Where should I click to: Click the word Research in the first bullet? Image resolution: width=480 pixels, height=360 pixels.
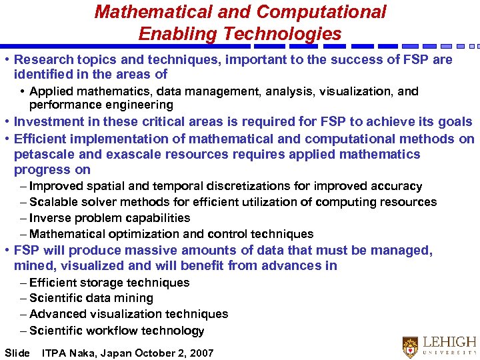click(x=41, y=60)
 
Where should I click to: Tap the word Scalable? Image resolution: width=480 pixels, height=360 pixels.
click(x=54, y=202)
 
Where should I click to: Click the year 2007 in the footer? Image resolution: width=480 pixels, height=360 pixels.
click(x=201, y=353)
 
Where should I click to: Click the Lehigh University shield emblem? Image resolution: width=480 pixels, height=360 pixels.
click(x=410, y=347)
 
